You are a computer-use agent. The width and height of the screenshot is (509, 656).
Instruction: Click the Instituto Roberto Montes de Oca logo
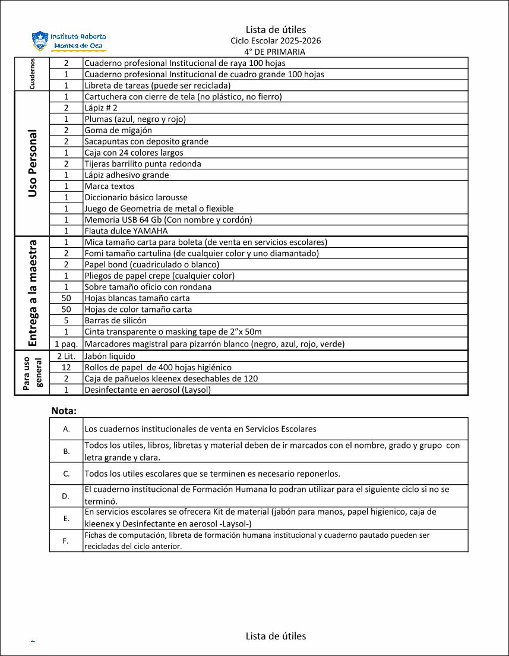pyautogui.click(x=69, y=40)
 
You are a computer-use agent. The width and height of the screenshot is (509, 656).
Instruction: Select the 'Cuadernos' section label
pyautogui.click(x=32, y=74)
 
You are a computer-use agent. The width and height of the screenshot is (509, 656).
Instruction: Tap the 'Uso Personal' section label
pyautogui.click(x=32, y=163)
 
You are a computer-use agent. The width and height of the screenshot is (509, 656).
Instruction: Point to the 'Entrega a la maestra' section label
pyautogui.click(x=32, y=292)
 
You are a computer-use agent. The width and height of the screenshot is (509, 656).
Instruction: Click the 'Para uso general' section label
pyautogui.click(x=32, y=373)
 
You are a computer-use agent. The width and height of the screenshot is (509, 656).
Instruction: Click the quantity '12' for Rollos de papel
pyautogui.click(x=67, y=368)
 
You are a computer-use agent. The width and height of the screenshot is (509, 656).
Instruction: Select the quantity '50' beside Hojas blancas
pyautogui.click(x=67, y=298)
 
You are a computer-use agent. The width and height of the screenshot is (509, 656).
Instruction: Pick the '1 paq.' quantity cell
pyautogui.click(x=67, y=344)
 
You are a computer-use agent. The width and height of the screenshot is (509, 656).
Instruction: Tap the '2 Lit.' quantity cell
pyautogui.click(x=67, y=357)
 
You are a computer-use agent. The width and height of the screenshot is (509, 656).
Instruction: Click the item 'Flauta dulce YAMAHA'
pyautogui.click(x=126, y=231)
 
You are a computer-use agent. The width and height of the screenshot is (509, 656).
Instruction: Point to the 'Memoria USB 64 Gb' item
pyautogui.click(x=168, y=220)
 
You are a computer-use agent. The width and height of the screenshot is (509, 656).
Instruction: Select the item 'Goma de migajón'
pyautogui.click(x=118, y=130)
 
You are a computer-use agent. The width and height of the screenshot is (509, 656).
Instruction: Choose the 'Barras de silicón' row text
pyautogui.click(x=115, y=321)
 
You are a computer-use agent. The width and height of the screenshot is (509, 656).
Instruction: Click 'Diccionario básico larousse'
pyautogui.click(x=136, y=197)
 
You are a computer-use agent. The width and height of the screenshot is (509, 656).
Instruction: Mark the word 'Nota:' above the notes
pyautogui.click(x=64, y=411)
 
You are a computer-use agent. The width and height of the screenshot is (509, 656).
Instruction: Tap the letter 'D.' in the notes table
pyautogui.click(x=66, y=496)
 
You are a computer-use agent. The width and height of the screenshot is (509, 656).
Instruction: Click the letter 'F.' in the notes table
pyautogui.click(x=66, y=541)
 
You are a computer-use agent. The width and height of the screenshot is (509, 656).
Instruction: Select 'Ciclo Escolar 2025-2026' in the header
pyautogui.click(x=276, y=41)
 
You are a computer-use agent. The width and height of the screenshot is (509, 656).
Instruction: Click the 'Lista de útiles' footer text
pyautogui.click(x=276, y=636)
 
